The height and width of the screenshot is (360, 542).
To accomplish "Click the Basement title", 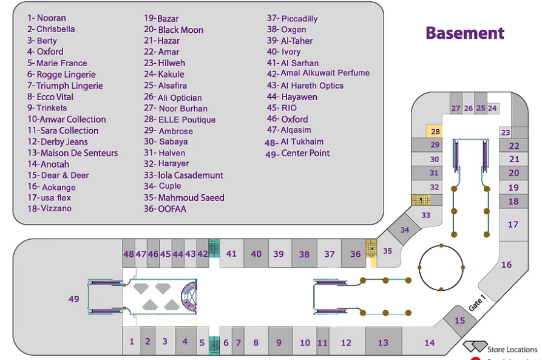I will (464, 33).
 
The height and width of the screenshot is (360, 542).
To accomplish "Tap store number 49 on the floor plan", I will (74, 299).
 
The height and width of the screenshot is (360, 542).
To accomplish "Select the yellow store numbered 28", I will (435, 132).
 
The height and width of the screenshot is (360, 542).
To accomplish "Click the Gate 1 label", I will (478, 299).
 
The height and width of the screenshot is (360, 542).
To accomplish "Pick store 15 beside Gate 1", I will (460, 320).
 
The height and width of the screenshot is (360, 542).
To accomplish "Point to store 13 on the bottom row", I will (382, 343).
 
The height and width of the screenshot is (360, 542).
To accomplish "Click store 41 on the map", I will (231, 254).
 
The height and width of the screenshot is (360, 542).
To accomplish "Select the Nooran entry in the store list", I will (47, 18).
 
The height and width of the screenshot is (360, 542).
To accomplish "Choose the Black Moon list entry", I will (174, 30).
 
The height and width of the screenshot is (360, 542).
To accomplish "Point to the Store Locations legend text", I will (512, 349).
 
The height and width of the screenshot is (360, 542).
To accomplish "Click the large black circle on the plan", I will (441, 267).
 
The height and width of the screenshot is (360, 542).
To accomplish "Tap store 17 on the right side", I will (513, 225).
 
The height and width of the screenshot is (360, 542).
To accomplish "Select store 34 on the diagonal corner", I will (405, 230).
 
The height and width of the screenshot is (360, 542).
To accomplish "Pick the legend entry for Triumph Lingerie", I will (65, 86).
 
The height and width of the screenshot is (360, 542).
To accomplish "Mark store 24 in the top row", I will (492, 109).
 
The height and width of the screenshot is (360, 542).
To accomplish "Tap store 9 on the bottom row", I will (279, 343).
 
